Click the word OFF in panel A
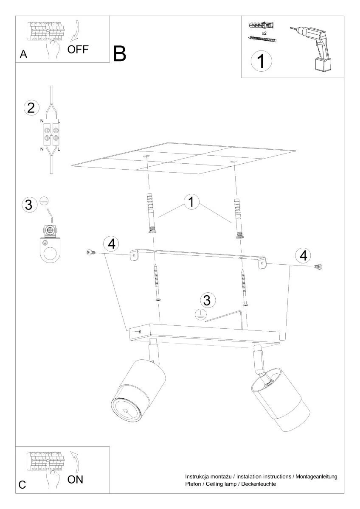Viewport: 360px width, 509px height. pyautogui.click(x=78, y=49)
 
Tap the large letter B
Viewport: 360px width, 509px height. pyautogui.click(x=119, y=53)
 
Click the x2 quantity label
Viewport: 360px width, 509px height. pyautogui.click(x=264, y=33)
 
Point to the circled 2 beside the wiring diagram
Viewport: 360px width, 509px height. pyautogui.click(x=31, y=108)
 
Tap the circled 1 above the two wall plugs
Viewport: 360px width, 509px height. pyautogui.click(x=191, y=201)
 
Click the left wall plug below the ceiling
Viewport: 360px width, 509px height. pyautogui.click(x=151, y=213)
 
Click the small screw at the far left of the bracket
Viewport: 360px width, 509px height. pyautogui.click(x=91, y=252)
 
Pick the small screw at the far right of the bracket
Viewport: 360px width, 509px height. pyautogui.click(x=318, y=266)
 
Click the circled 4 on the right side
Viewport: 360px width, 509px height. pyautogui.click(x=303, y=255)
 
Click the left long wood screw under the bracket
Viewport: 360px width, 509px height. pyautogui.click(x=157, y=282)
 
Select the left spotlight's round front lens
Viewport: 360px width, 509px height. pyautogui.click(x=126, y=411)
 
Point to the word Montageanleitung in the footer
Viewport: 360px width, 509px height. pyautogui.click(x=316, y=476)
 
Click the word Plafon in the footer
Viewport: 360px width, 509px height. pyautogui.click(x=193, y=484)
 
